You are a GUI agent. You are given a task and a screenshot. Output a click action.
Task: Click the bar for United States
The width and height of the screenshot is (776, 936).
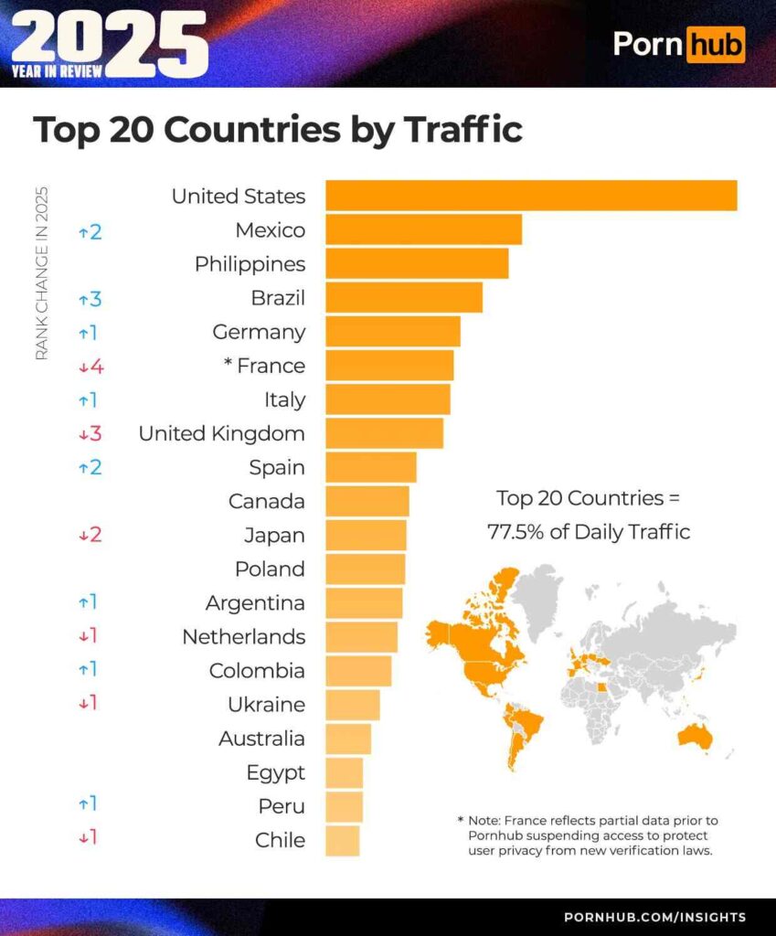530,196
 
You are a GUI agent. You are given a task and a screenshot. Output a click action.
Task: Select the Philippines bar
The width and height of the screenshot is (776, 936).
417,264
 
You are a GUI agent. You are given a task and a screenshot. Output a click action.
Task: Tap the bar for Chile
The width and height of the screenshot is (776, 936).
342,840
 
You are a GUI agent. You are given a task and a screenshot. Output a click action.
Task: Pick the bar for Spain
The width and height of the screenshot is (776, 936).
370,467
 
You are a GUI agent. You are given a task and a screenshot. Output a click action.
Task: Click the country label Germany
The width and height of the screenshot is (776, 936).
259,332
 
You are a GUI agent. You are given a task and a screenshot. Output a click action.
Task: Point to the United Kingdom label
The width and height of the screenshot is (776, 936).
221,433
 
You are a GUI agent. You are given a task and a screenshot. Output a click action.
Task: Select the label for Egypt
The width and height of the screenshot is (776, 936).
275,772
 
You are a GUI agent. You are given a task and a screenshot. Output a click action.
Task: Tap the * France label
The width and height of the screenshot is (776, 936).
264,366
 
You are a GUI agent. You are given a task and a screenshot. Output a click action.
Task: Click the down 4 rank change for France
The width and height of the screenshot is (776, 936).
90,367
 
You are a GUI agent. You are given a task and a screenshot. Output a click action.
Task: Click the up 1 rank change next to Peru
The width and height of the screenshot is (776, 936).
88,805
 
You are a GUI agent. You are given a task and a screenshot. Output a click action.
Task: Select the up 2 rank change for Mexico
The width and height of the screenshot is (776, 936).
90,231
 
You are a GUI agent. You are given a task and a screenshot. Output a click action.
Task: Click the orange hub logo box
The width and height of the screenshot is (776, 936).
716,44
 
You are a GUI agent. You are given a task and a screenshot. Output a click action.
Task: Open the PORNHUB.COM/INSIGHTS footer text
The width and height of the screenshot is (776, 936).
654,917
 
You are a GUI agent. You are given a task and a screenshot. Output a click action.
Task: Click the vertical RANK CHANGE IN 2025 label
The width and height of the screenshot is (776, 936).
41,273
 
